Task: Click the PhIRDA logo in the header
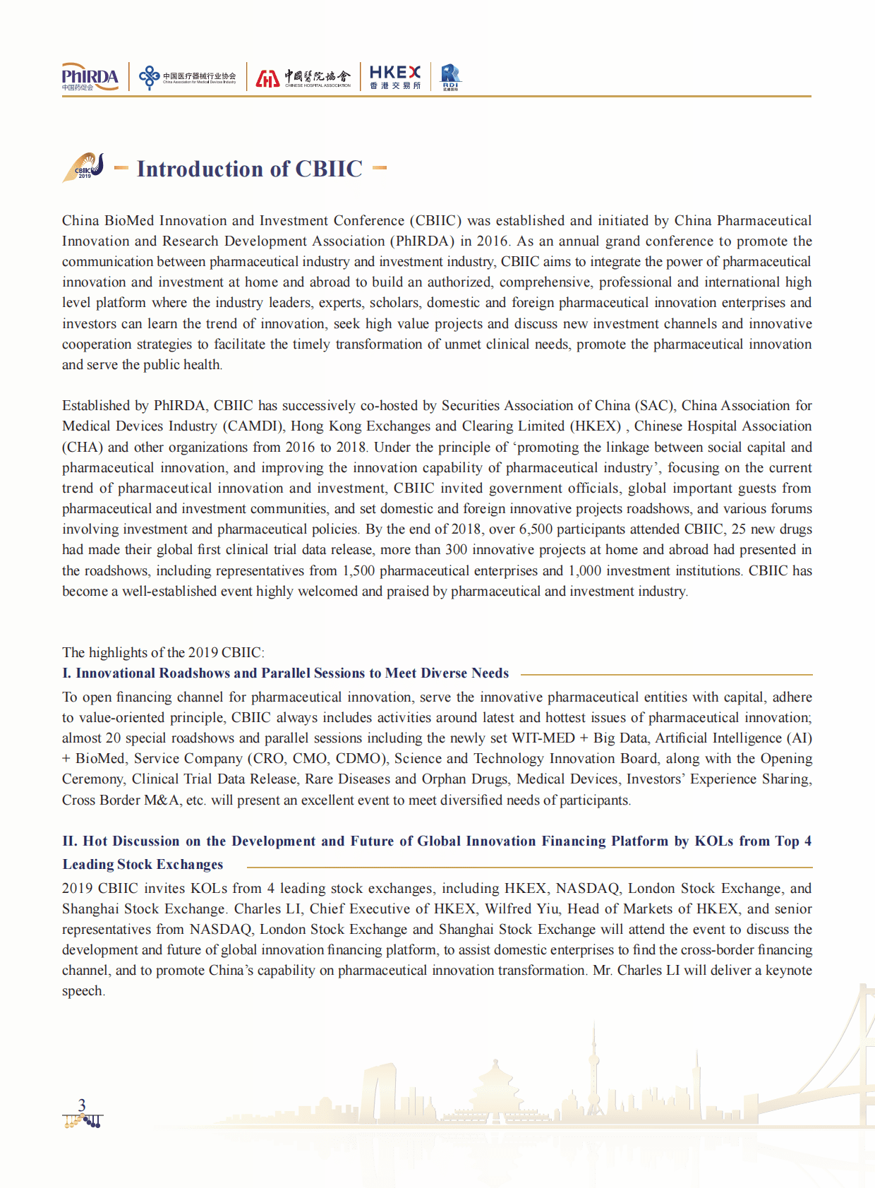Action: pos(90,77)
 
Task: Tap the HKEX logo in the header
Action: pos(394,76)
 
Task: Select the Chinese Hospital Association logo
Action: pos(303,77)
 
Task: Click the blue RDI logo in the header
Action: pos(450,76)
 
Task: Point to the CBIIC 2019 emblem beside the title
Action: pos(85,167)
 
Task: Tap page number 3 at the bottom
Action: pos(82,1105)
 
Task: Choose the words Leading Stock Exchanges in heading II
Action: pos(143,865)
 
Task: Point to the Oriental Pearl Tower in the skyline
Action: pos(594,1066)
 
